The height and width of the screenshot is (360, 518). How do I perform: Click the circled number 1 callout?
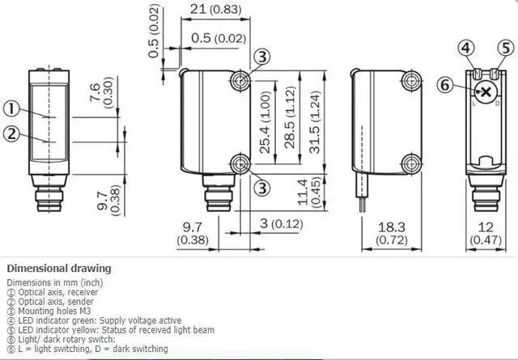point(12,108)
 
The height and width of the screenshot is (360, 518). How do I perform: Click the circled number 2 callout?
point(12,134)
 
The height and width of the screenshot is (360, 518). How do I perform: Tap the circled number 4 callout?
point(466,49)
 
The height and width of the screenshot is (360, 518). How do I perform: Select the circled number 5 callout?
point(506,49)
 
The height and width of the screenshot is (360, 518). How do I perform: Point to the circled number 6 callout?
point(445,85)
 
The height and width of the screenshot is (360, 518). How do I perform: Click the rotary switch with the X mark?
point(486,91)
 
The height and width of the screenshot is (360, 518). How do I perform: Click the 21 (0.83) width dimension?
point(216,10)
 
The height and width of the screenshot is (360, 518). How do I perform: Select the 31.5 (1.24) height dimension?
point(315,122)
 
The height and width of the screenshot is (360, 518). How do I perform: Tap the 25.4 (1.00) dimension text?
point(265,122)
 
